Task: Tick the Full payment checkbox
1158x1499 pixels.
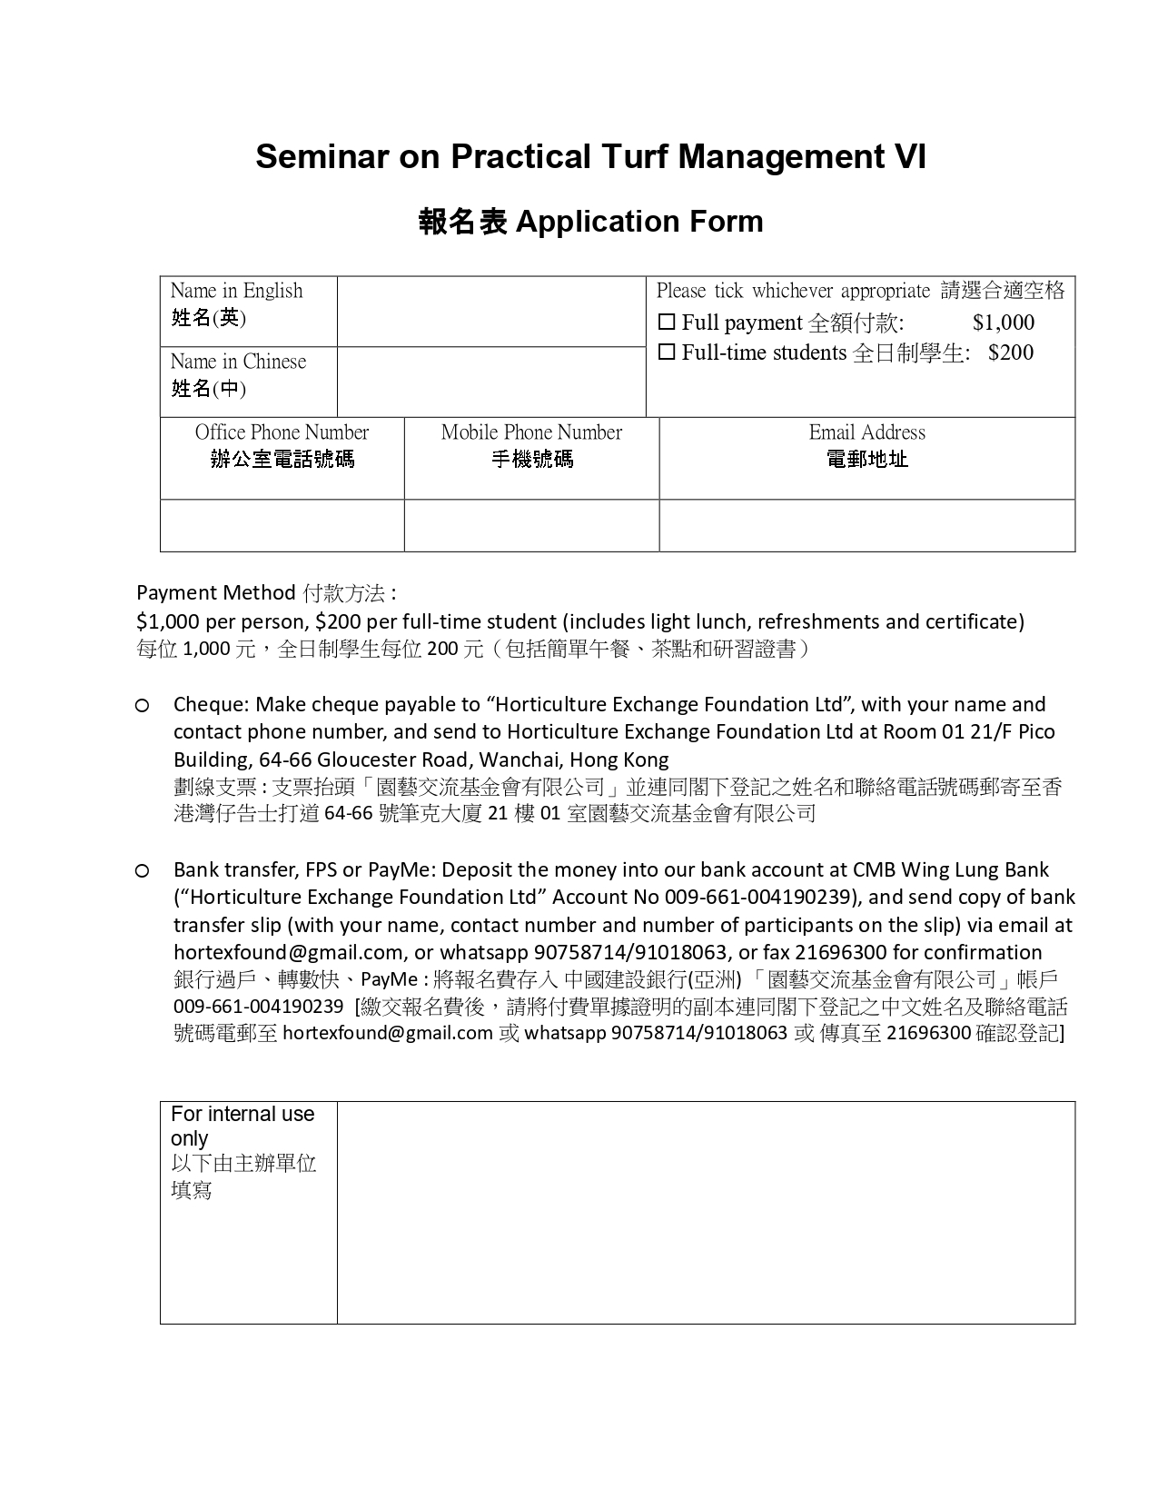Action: pyautogui.click(x=667, y=323)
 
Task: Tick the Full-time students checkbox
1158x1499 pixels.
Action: pyautogui.click(x=667, y=352)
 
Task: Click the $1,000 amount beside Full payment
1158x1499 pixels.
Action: pyautogui.click(x=1003, y=323)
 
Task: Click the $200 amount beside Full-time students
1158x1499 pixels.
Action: pyautogui.click(x=1011, y=352)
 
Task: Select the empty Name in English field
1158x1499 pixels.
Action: pyautogui.click(x=490, y=312)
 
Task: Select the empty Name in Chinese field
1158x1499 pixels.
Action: pyautogui.click(x=490, y=382)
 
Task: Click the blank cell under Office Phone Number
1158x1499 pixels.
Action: pyautogui.click(x=282, y=525)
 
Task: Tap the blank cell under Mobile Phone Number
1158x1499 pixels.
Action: pyautogui.click(x=531, y=525)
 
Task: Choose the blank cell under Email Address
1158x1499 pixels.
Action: pyautogui.click(x=866, y=525)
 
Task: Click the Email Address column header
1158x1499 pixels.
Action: pyautogui.click(x=866, y=433)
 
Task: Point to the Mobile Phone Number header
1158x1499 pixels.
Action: pyautogui.click(x=531, y=433)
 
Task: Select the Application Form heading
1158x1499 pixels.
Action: pyautogui.click(x=639, y=222)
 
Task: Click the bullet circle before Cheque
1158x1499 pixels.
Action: pyautogui.click(x=143, y=706)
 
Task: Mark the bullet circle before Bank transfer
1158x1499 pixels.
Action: pyautogui.click(x=143, y=871)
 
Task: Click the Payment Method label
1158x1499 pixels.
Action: pyautogui.click(x=215, y=593)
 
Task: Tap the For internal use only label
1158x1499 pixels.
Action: pyautogui.click(x=242, y=1126)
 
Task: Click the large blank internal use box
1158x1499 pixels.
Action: pyautogui.click(x=706, y=1212)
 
